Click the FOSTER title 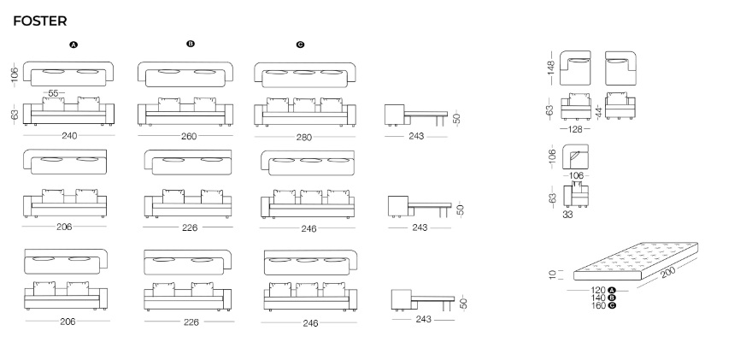pyautogui.click(x=40, y=21)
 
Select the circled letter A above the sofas pyautogui.click(x=73, y=44)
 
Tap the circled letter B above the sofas pyautogui.click(x=191, y=44)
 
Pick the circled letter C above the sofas pyautogui.click(x=300, y=44)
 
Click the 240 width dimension pyautogui.click(x=69, y=136)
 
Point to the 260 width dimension pyautogui.click(x=189, y=136)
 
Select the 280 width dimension pyautogui.click(x=304, y=138)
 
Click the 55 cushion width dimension pyautogui.click(x=54, y=93)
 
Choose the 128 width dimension pyautogui.click(x=574, y=129)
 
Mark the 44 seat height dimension pyautogui.click(x=598, y=112)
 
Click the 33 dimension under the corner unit pyautogui.click(x=567, y=215)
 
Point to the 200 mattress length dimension pyautogui.click(x=668, y=272)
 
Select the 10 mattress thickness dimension pyautogui.click(x=553, y=274)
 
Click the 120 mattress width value pyautogui.click(x=598, y=291)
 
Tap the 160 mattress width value pyautogui.click(x=598, y=306)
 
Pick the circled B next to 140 pyautogui.click(x=612, y=298)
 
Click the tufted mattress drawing pyautogui.click(x=636, y=261)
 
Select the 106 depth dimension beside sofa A pyautogui.click(x=15, y=74)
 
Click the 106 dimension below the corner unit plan pyautogui.click(x=574, y=176)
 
